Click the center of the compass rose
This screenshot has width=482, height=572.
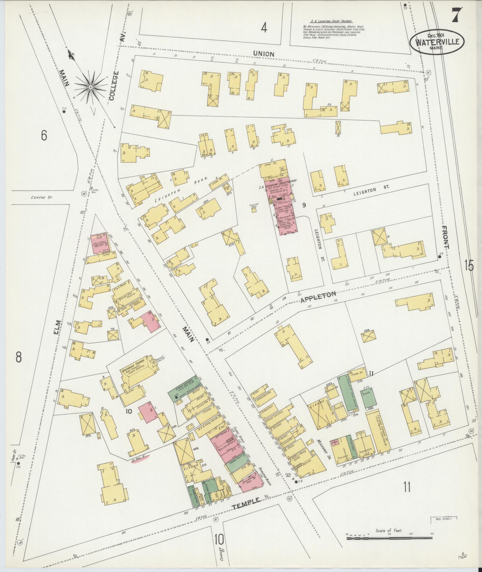coord(90,87)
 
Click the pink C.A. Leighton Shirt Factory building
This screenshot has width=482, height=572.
coord(279,206)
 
